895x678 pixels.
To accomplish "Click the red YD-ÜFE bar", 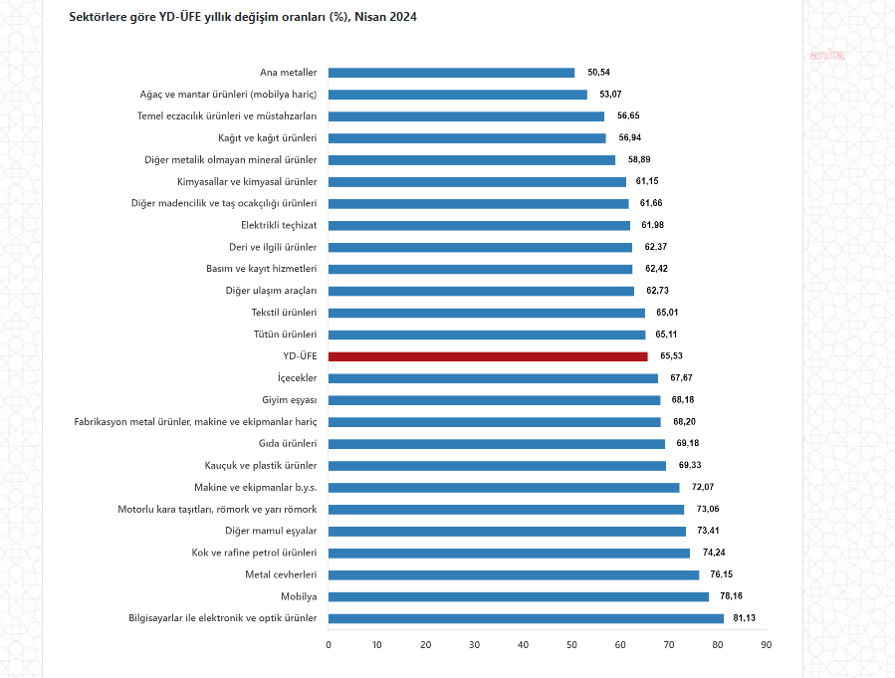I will point(488,356).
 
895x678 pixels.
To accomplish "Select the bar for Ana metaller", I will point(451,73).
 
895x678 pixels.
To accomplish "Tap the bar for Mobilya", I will point(518,596).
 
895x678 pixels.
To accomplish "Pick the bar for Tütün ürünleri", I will point(487,335).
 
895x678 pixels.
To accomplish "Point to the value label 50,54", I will point(598,73).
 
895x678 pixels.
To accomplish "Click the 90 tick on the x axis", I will point(766,645).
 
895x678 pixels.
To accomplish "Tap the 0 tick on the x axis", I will point(329,645).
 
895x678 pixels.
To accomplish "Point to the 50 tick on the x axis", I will point(571,645).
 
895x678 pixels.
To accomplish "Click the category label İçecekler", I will point(297,378).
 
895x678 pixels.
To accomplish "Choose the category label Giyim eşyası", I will point(289,400).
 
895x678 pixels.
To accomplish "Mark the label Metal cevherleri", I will point(281,574).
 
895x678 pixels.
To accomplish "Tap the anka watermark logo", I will point(826,55).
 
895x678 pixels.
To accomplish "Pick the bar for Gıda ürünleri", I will point(496,444).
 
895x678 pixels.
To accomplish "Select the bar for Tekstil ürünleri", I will point(487,313).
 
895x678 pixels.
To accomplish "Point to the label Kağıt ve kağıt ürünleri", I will point(267,138).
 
